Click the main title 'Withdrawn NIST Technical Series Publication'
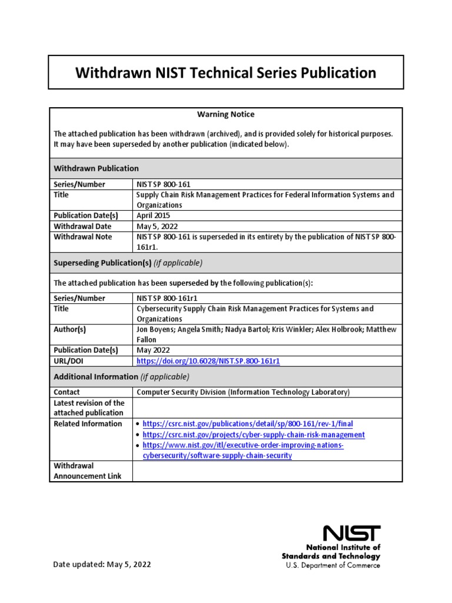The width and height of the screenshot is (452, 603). coord(226,72)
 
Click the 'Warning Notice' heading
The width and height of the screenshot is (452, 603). coord(225,114)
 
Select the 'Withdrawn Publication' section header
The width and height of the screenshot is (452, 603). coord(97,168)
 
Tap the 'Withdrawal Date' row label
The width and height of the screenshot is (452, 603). coord(82,226)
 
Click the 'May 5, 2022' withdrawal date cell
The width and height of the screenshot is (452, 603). coord(157,226)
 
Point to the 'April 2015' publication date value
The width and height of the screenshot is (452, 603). coord(154,216)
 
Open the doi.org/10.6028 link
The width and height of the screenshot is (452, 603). coord(208,361)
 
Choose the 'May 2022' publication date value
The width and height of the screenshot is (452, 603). coord(152,350)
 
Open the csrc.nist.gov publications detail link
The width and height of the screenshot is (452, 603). coord(248,424)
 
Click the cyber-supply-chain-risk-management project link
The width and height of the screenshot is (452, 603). coord(254,435)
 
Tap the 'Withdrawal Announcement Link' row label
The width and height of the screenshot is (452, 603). coord(88,471)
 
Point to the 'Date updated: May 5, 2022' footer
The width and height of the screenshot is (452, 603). coord(102,564)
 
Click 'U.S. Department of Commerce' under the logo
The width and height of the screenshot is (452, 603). coord(333,565)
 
